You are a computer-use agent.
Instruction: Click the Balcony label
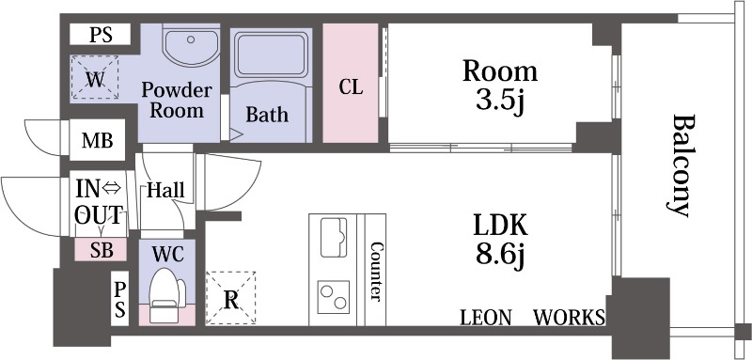[681, 165]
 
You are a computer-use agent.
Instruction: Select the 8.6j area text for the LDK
[500, 256]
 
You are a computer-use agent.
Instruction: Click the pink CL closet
[350, 83]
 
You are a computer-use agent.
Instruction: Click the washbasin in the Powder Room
[191, 46]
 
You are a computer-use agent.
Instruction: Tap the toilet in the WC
[166, 295]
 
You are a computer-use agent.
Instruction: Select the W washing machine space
[95, 77]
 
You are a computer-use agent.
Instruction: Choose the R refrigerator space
[230, 298]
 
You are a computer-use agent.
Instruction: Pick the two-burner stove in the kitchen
[334, 297]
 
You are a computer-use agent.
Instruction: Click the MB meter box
[98, 140]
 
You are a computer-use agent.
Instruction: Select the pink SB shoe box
[101, 250]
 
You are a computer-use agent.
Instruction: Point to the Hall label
[165, 190]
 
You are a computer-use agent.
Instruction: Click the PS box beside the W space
[101, 35]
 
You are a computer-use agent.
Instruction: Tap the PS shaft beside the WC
[119, 299]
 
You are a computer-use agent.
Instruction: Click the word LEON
[485, 318]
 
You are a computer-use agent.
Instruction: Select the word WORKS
[570, 318]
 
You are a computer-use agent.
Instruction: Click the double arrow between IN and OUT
[112, 189]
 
